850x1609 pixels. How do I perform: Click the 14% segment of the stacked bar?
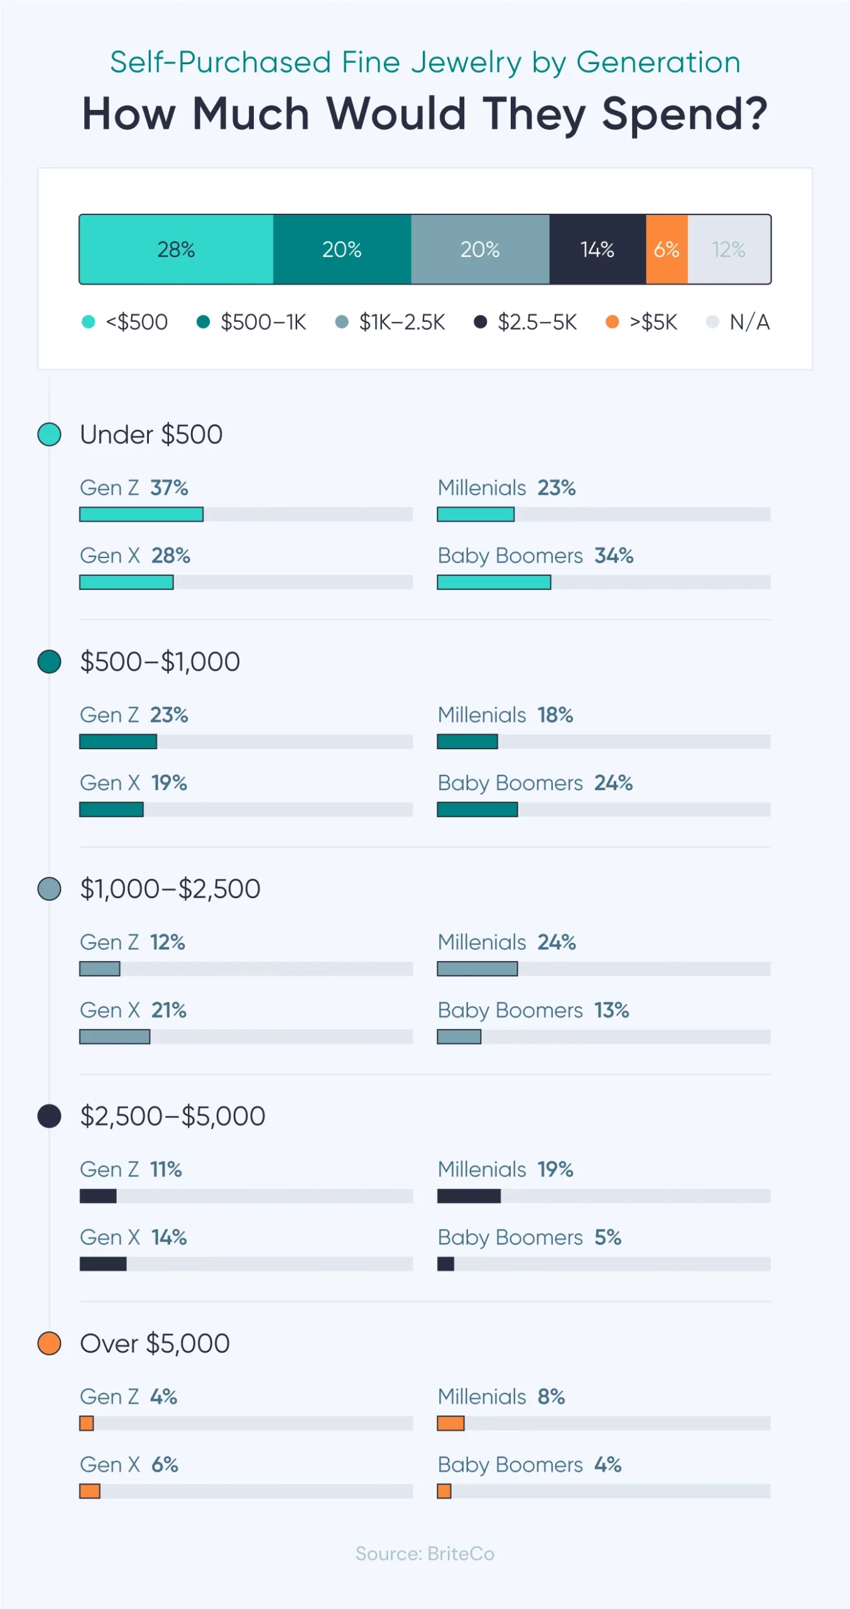pos(597,250)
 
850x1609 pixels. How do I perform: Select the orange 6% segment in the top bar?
pos(667,250)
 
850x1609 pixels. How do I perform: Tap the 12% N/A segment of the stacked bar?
pos(729,250)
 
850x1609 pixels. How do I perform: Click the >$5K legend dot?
pos(612,322)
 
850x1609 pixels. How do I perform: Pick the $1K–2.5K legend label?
pos(402,322)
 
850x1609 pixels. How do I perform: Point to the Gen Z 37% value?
pos(169,488)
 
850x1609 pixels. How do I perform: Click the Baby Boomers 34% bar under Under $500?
pos(494,583)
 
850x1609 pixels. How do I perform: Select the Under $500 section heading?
pos(151,435)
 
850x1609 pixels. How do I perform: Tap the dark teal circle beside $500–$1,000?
pos(49,662)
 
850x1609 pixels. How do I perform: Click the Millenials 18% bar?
pos(467,742)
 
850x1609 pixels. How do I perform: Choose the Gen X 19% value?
pos(169,783)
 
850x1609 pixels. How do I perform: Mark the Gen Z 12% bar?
pos(99,969)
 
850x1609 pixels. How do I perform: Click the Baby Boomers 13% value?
pos(611,1011)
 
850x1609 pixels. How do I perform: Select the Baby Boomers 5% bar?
pos(445,1264)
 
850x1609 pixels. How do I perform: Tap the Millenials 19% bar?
pos(469,1196)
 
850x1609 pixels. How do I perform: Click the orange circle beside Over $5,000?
pos(49,1344)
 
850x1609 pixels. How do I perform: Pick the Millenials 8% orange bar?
pos(450,1424)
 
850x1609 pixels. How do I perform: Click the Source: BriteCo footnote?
pos(425,1554)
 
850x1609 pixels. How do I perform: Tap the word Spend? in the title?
pos(685,114)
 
